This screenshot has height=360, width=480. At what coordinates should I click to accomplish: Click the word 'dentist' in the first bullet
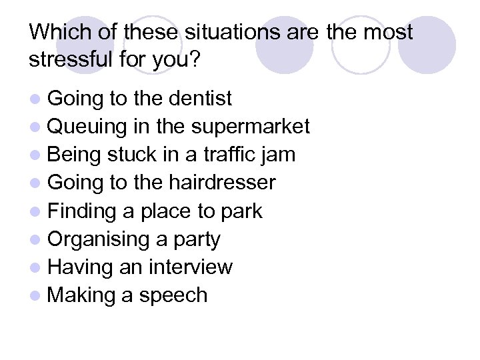(200, 99)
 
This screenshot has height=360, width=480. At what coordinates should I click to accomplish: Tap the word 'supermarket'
(251, 127)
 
